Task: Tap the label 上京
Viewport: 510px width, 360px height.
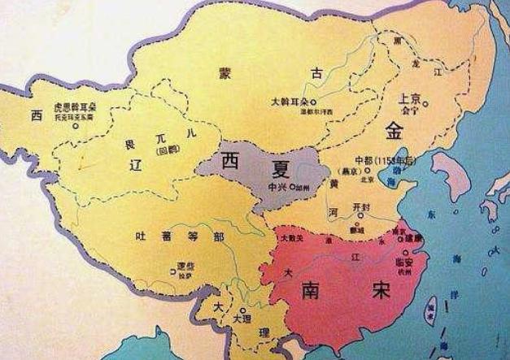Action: pyautogui.click(x=411, y=98)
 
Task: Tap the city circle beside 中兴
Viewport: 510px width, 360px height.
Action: pyautogui.click(x=291, y=186)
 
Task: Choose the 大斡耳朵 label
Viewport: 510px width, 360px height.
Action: pyautogui.click(x=290, y=102)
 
